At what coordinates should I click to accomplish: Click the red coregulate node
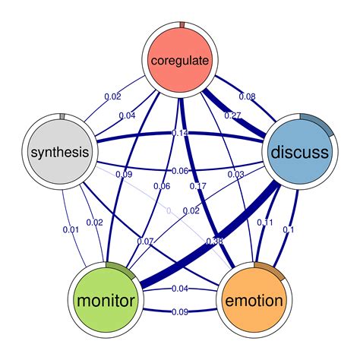[x=180, y=59]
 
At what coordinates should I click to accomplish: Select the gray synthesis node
[x=60, y=152]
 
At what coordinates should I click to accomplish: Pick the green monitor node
[x=106, y=300]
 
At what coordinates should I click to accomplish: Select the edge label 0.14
[x=179, y=133]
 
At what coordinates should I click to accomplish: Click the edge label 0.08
[x=247, y=96]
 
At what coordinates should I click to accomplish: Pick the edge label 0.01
[x=71, y=230]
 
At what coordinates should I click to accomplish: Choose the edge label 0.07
[x=145, y=242]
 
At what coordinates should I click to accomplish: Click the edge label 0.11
[x=266, y=223]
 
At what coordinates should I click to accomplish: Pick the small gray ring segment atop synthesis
[x=62, y=115]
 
